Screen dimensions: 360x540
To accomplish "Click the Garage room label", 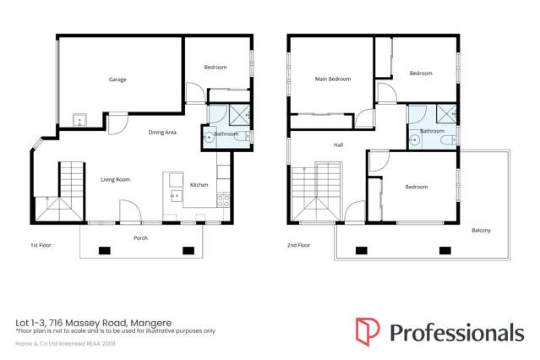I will click(x=117, y=79).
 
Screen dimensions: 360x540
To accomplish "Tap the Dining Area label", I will click(x=161, y=132).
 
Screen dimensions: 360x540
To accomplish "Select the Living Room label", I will click(x=115, y=179).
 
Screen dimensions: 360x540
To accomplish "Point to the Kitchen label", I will click(x=199, y=185).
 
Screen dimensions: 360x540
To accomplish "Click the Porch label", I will click(x=141, y=238).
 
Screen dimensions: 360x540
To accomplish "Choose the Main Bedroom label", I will click(x=333, y=79).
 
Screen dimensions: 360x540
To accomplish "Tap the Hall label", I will click(x=338, y=145).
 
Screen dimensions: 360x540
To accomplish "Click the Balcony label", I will click(x=481, y=231).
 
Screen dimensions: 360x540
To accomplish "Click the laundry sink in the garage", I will click(x=79, y=120).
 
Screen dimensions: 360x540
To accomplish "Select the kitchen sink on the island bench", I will click(x=176, y=195).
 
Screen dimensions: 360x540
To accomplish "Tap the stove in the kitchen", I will click(x=224, y=201).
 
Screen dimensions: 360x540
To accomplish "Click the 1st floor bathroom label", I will click(x=226, y=134).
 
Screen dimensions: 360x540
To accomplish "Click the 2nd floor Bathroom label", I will click(x=432, y=131).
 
